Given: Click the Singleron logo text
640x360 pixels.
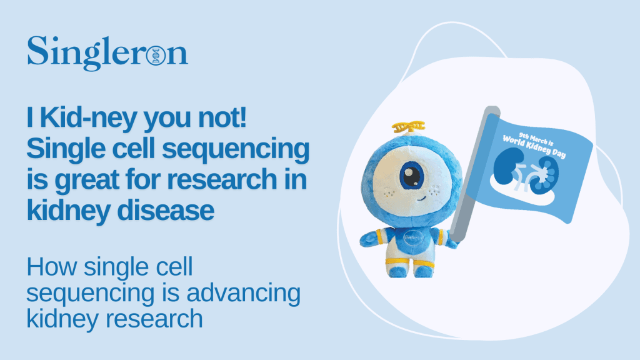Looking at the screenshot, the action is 107,53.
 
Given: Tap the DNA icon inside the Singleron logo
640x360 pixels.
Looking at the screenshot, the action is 156,55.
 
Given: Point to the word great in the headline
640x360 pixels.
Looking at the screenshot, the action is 87,179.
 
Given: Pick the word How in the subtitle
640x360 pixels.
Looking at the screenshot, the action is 52,267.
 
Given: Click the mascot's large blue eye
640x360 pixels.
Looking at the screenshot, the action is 412,176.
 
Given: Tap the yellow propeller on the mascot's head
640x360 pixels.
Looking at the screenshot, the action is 408,127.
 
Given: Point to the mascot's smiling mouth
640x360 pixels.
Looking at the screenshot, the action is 422,199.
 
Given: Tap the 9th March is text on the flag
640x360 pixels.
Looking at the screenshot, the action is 536,138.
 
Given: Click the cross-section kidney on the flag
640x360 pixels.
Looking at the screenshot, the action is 544,176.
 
